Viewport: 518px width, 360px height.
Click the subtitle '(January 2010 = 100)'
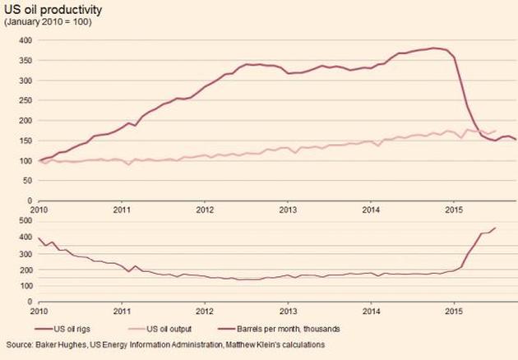coord(48,21)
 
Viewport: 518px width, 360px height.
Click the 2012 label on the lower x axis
coord(205,310)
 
